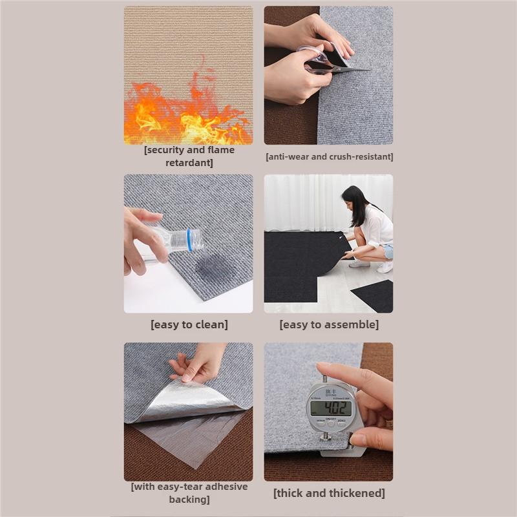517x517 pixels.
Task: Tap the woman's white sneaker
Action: (x=385, y=267)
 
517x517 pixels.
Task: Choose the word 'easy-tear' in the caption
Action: (x=180, y=487)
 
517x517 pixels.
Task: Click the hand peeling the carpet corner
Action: (x=197, y=363)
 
